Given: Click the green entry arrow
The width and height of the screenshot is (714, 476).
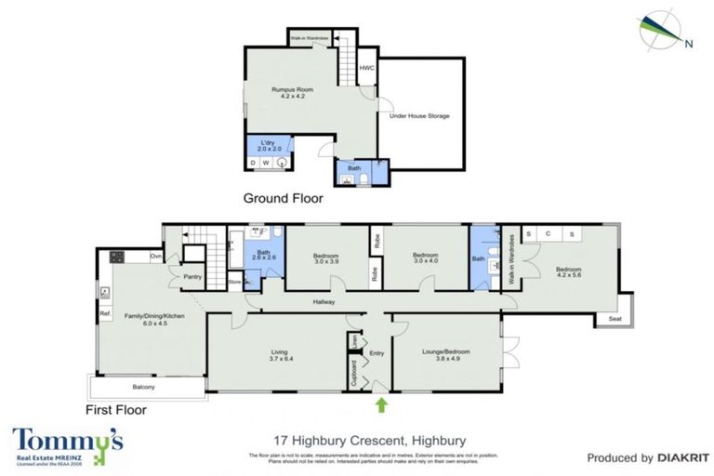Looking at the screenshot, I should pos(382,404).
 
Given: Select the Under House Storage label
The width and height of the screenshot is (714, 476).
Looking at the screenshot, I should pos(419,116).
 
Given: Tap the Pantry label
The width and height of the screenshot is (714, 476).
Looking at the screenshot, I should pos(193,276).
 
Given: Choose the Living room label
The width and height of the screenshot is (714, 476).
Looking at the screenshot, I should pos(278,355).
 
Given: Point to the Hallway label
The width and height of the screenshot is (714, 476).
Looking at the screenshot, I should pos(324,302).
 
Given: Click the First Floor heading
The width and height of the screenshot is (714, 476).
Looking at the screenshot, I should pos(116,408).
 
